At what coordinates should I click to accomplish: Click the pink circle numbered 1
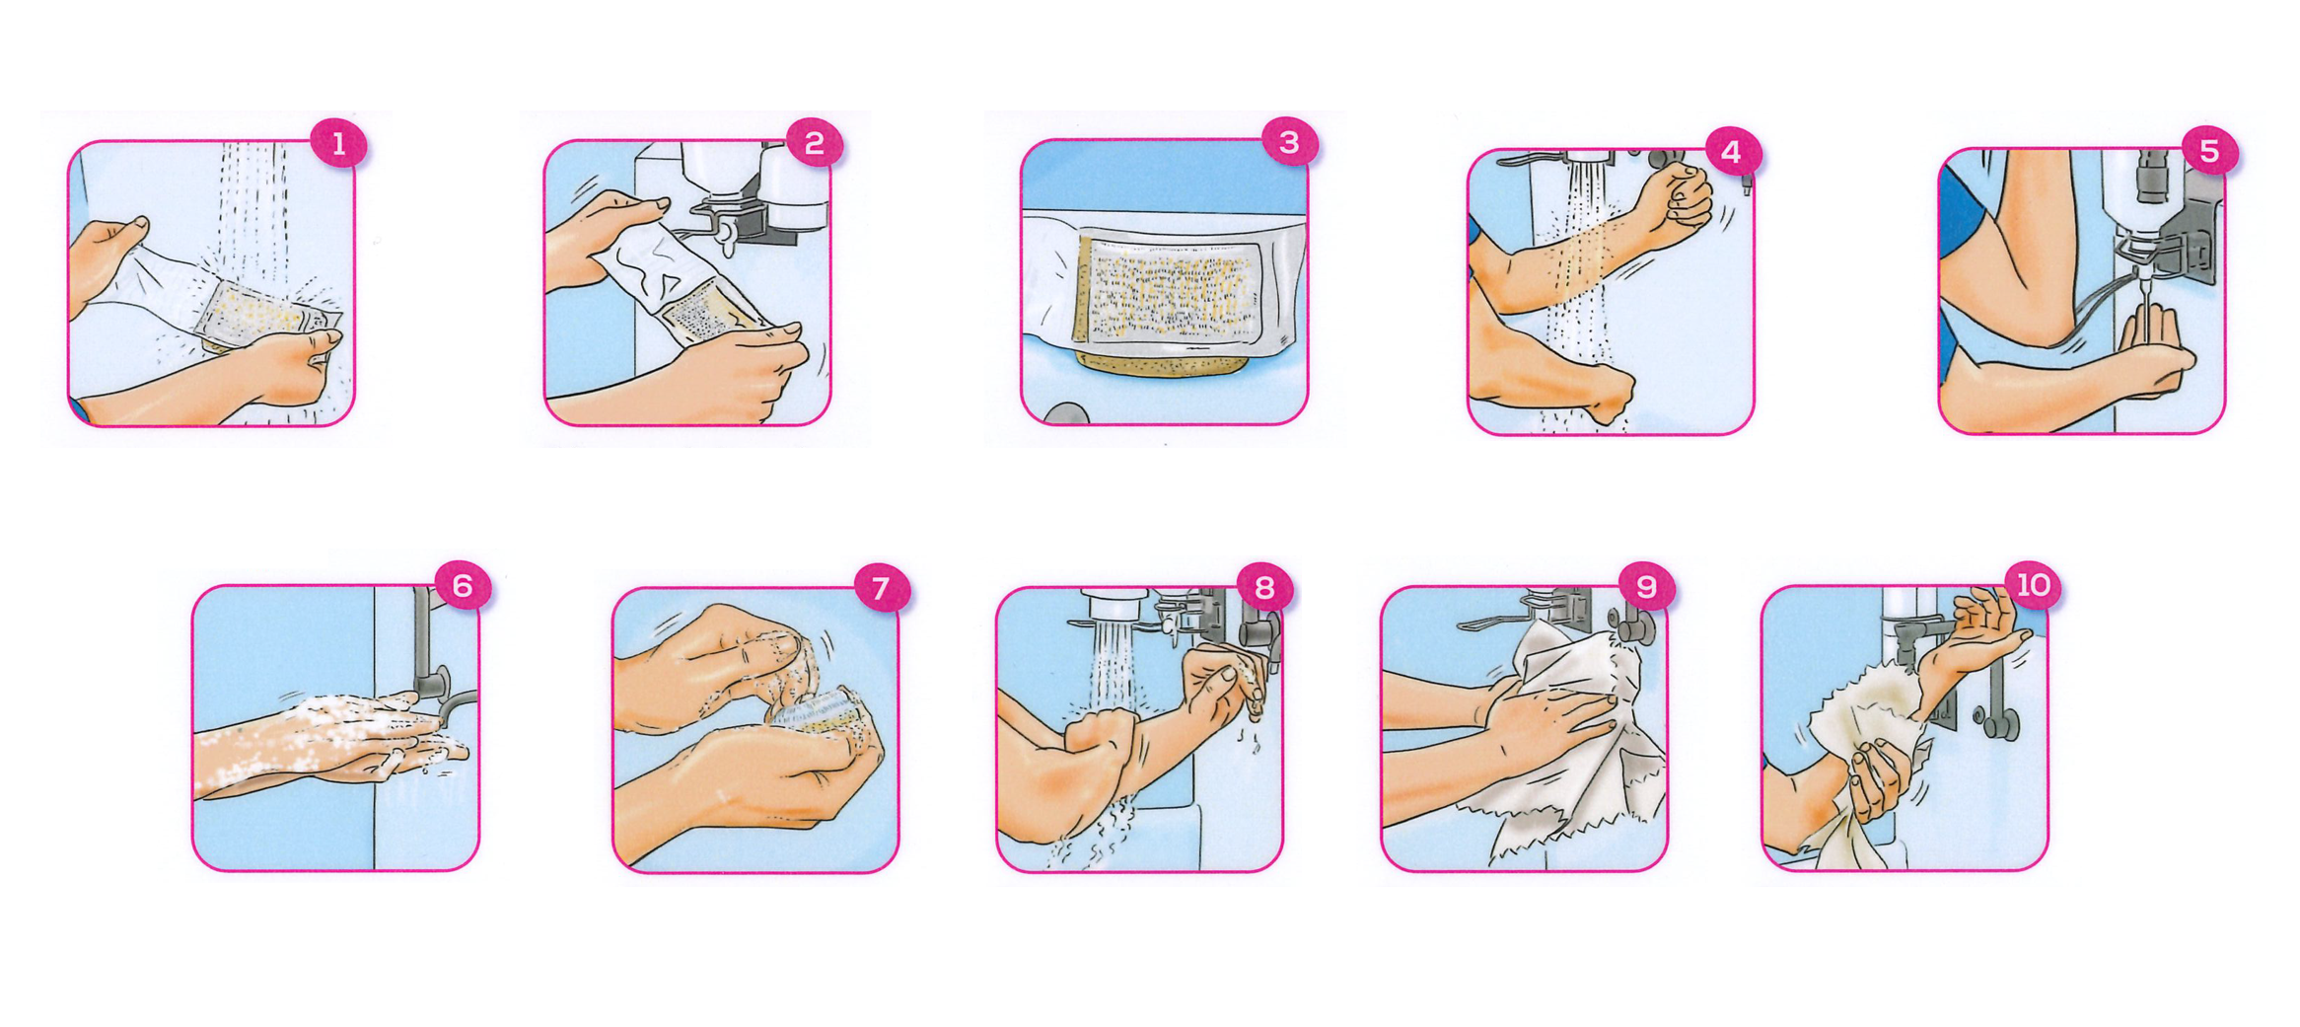click(338, 145)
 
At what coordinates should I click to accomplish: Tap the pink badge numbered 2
click(814, 145)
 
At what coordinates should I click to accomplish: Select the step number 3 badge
click(1289, 143)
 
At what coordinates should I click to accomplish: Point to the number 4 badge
click(1731, 153)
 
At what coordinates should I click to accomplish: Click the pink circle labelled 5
click(2209, 152)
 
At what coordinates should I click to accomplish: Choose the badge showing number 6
click(463, 587)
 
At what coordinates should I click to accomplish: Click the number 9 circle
click(1646, 588)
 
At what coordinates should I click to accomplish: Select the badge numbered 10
click(2033, 586)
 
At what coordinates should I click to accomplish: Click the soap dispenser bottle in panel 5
click(2140, 197)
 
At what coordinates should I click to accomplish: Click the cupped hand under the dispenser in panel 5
click(2150, 345)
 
